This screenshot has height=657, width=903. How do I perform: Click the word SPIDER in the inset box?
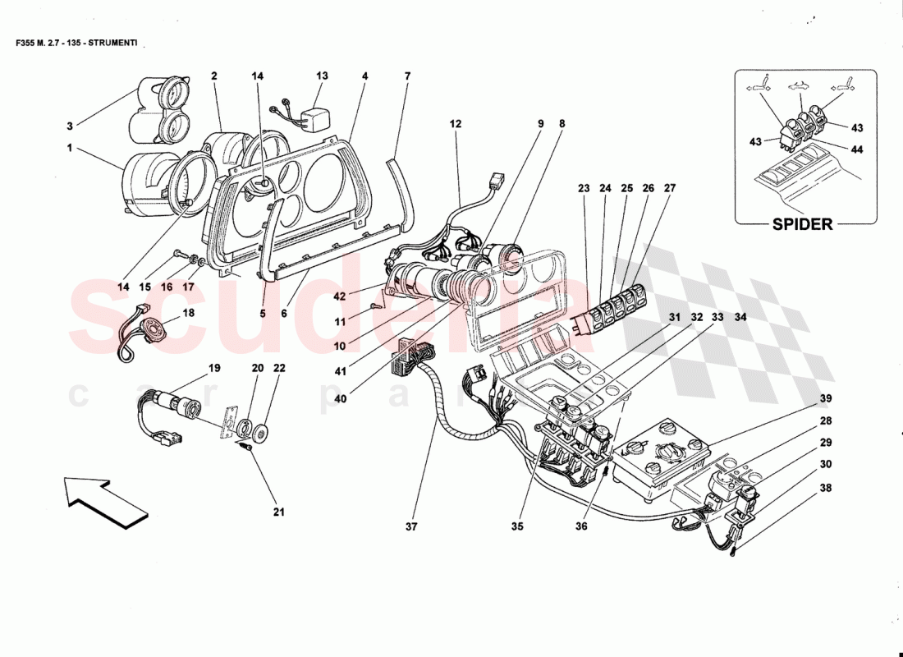[x=803, y=224]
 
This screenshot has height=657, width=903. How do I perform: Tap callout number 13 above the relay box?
[x=322, y=76]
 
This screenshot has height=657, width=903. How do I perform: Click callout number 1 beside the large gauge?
[x=70, y=149]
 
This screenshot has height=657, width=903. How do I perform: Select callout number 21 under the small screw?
[x=278, y=513]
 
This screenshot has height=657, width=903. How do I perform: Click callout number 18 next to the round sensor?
[x=188, y=313]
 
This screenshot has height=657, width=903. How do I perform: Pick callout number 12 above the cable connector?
[x=456, y=124]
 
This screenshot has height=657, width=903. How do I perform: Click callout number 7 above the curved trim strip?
[x=406, y=76]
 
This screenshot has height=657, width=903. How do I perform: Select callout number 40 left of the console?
[x=341, y=398]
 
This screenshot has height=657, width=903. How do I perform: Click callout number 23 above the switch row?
[x=584, y=187]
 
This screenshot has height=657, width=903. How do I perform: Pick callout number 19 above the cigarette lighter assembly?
[x=214, y=368]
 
